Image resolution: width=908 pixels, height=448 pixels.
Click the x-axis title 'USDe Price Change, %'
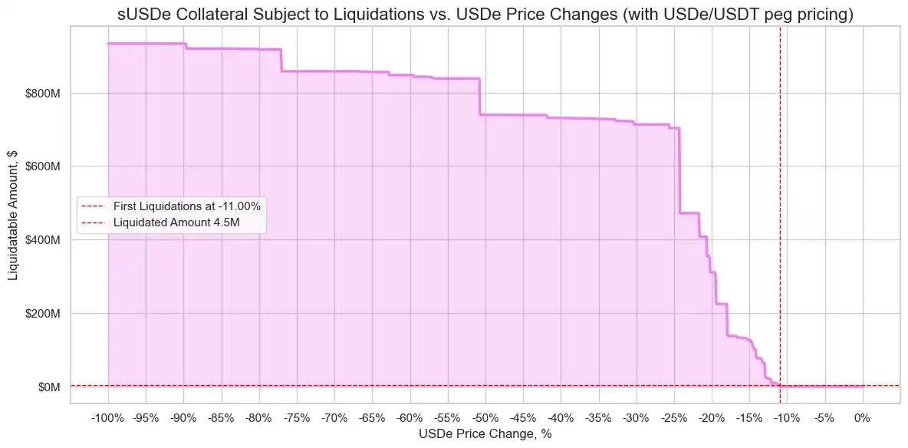(485, 434)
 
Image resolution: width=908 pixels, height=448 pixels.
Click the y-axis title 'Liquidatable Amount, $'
(14, 212)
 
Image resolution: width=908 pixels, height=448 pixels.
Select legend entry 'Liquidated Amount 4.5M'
(172, 223)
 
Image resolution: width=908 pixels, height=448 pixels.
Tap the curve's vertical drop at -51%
(479, 97)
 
